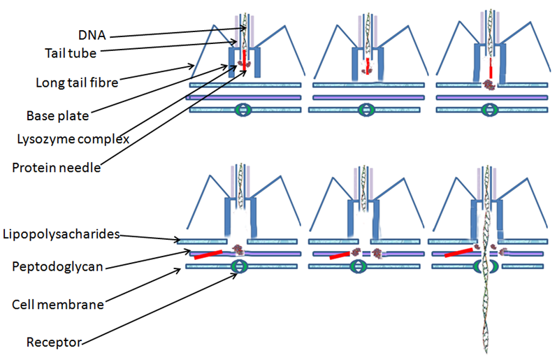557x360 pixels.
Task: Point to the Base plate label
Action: click(55, 115)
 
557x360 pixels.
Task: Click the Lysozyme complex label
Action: click(73, 139)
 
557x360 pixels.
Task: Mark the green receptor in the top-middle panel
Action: click(366, 110)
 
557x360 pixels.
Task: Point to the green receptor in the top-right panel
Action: click(489, 110)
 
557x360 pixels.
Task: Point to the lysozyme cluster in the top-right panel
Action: click(489, 85)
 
